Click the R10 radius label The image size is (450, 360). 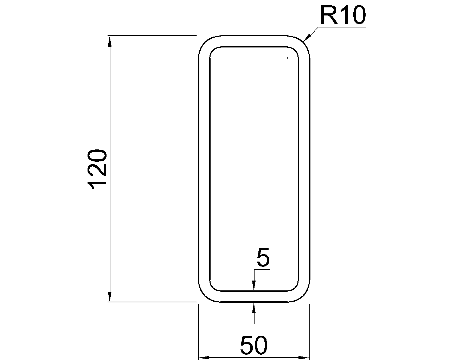[342, 16]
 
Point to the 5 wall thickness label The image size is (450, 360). [263, 257]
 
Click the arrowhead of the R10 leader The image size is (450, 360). [306, 39]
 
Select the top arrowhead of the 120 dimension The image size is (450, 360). [110, 41]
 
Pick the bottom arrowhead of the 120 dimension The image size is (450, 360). [110, 296]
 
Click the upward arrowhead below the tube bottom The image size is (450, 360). [254, 307]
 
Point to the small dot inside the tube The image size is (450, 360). [287, 58]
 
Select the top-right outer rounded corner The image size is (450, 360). [303, 42]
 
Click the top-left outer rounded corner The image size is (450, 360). [205, 42]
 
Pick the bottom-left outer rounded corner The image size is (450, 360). [205, 295]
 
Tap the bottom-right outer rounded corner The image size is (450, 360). [303, 295]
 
